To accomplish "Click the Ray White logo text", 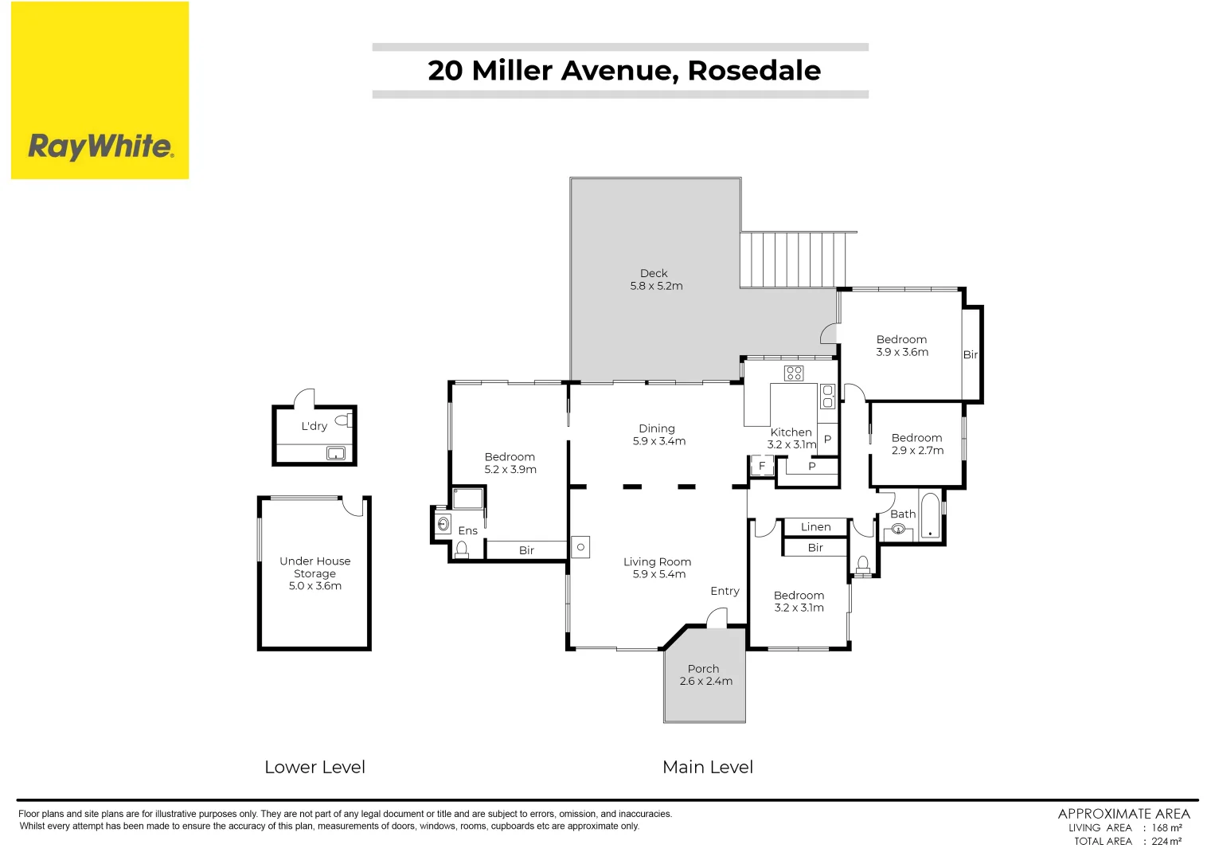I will [100, 147].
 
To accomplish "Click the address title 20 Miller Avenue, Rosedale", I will [623, 71].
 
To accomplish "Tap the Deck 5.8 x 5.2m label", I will [656, 279].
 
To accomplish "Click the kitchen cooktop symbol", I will [794, 373].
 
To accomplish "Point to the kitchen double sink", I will [827, 396].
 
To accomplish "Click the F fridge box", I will [762, 466].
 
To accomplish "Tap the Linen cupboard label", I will [815, 527].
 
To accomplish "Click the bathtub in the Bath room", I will [929, 516].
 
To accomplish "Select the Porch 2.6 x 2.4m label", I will [705, 675].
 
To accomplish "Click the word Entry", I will [725, 591].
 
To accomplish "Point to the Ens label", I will [467, 531].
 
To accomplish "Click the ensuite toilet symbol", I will [461, 549].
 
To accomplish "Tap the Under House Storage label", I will [314, 573].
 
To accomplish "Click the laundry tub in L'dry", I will [336, 454].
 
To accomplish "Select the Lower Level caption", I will [314, 768].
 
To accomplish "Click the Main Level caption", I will [707, 768].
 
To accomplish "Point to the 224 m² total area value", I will [1166, 842].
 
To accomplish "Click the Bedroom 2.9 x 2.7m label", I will [916, 444].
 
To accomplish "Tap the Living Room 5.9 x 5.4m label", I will [657, 568].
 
